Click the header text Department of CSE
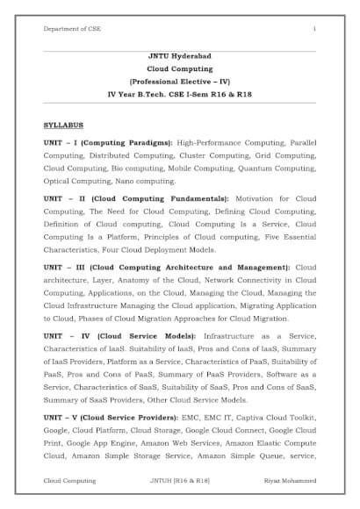[x=73, y=30]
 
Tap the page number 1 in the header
[x=313, y=30]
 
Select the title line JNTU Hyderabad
[x=179, y=55]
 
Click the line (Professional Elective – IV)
[x=179, y=80]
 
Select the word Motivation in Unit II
[x=261, y=198]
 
